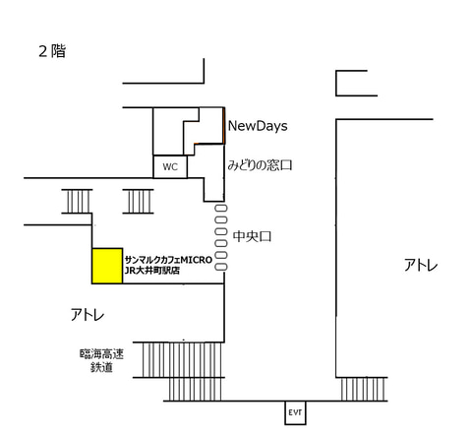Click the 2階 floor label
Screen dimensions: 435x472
[x=51, y=52]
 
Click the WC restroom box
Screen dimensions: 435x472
[x=169, y=166]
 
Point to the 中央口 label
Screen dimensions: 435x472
[x=252, y=236]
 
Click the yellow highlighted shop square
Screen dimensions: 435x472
[x=106, y=266]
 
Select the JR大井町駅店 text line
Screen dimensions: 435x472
[x=153, y=271]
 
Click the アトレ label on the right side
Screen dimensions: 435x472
[x=421, y=265]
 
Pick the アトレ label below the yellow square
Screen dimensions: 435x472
[x=88, y=314]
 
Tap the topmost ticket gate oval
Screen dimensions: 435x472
[x=220, y=209]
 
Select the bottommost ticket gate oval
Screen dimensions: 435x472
[x=220, y=267]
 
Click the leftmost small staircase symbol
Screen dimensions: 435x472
[x=77, y=200]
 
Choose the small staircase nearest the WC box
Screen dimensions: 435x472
[x=139, y=200]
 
